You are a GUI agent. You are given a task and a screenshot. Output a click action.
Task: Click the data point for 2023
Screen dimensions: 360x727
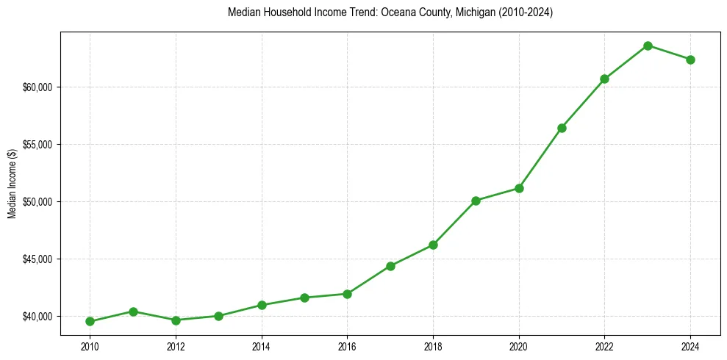point(648,46)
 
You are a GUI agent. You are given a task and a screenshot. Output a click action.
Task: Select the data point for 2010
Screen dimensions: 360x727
point(90,321)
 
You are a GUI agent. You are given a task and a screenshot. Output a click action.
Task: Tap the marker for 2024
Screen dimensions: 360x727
point(690,60)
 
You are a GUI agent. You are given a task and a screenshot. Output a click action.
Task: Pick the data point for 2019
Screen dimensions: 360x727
point(476,201)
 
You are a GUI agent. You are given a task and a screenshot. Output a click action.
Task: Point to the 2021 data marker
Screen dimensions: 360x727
point(562,128)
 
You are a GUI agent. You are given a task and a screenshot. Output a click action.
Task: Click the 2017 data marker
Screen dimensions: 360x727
point(390,266)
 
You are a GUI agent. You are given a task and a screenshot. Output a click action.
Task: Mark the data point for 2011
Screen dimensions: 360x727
point(133,312)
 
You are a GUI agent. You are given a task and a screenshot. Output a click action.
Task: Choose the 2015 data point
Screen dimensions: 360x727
point(304,298)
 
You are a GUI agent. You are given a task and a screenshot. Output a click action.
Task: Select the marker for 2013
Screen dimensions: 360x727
point(218,316)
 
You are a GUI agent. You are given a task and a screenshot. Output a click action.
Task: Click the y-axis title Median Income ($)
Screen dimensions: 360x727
point(12,184)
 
